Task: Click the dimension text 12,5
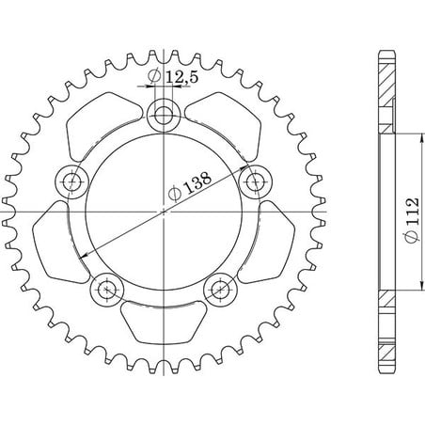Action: [x=181, y=77]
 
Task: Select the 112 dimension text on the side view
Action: [x=412, y=211]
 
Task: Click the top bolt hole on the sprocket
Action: [x=164, y=115]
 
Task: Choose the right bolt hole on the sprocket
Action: [x=256, y=181]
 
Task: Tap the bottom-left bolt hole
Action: [x=107, y=290]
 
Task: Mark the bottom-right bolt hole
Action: [x=220, y=290]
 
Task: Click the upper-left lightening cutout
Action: [x=102, y=125]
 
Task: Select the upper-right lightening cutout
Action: [x=225, y=125]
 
